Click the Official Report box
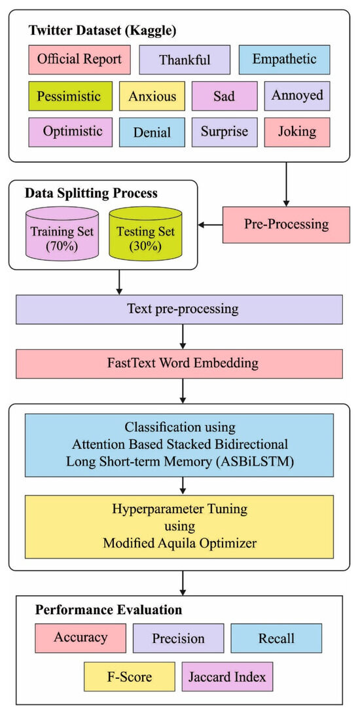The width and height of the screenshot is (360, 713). click(79, 60)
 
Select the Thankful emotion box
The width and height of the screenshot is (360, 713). click(185, 60)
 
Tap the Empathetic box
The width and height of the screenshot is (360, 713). click(283, 60)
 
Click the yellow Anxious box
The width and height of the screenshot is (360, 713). click(152, 96)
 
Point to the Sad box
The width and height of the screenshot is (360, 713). click(224, 96)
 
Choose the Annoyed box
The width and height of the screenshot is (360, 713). click(297, 96)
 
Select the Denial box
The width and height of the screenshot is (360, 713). click(152, 132)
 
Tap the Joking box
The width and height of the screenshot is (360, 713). click(297, 132)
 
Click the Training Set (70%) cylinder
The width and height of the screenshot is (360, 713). click(62, 235)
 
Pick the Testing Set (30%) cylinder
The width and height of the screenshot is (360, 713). click(145, 235)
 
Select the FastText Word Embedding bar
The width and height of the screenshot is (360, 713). click(179, 363)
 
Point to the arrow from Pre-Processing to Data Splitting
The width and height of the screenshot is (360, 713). click(210, 225)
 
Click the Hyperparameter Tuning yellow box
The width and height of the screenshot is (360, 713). click(179, 526)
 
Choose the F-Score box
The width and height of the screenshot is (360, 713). click(129, 677)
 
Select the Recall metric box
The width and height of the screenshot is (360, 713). click(276, 638)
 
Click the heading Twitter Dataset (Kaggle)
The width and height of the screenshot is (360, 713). click(101, 31)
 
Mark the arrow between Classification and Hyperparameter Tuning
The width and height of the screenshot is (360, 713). click(184, 485)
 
